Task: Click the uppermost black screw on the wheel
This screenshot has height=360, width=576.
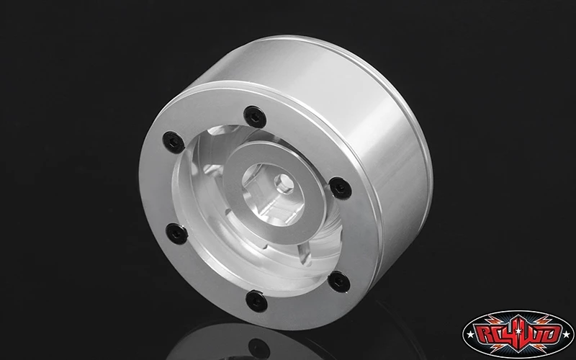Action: point(255,117)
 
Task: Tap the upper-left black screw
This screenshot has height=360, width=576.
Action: point(174,142)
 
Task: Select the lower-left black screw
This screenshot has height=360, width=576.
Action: point(176,233)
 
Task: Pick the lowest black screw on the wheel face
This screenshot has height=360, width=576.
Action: point(256,301)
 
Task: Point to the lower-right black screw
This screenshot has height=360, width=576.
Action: point(338,282)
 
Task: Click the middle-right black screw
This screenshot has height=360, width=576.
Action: point(340,188)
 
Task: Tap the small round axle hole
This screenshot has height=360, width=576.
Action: point(284,183)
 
